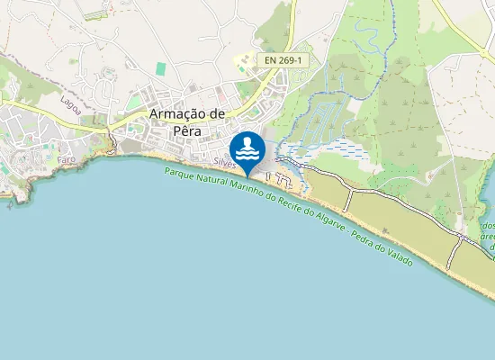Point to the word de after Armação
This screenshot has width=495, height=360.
[216, 114]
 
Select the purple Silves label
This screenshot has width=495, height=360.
[226, 164]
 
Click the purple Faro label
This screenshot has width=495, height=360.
[67, 158]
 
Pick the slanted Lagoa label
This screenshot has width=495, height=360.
[70, 103]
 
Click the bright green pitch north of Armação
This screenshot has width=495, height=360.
[161, 68]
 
